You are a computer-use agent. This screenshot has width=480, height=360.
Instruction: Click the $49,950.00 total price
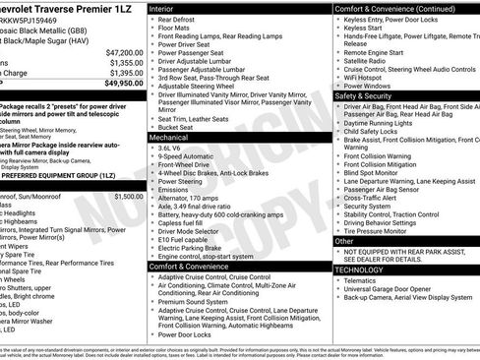tap(123, 84)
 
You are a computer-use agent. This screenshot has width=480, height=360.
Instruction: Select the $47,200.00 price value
tap(125, 51)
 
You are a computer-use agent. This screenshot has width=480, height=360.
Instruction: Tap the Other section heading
tap(344, 240)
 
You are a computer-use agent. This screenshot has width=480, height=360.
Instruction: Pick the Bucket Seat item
tap(176, 127)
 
